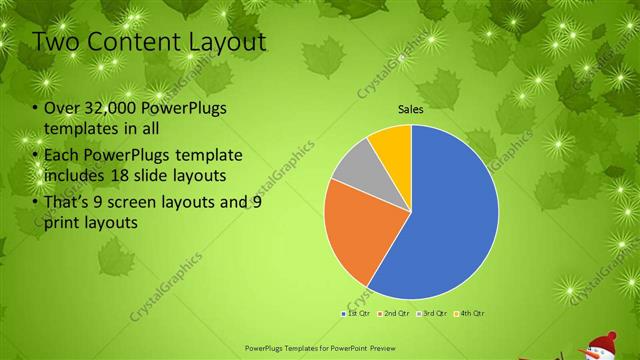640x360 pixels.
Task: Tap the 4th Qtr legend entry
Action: click(x=473, y=314)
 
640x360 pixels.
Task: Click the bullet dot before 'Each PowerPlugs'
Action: click(x=37, y=156)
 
